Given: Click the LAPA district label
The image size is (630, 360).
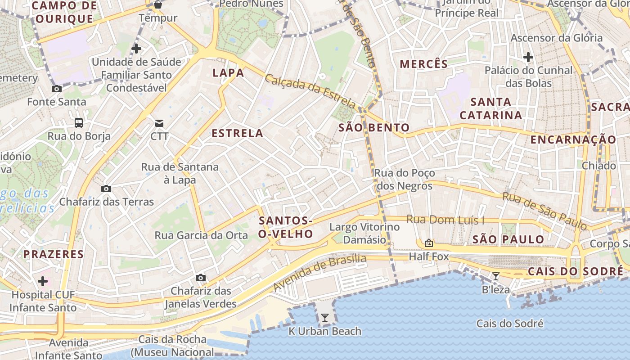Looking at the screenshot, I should coord(228,73).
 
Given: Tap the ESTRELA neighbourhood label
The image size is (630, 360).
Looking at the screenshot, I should coord(237,133).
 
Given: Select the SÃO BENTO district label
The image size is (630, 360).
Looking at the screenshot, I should coord(374,128).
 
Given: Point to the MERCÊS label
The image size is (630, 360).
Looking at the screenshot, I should coord(424,64).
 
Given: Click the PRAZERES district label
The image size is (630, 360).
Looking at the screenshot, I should coord(54,254).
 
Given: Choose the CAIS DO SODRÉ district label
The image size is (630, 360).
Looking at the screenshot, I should coord(575,272).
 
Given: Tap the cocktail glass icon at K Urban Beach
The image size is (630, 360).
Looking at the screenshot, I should coord(324,318).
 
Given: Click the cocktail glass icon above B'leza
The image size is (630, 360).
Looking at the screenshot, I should coord(495,276).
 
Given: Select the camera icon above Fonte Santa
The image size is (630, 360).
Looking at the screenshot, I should coord(57,89).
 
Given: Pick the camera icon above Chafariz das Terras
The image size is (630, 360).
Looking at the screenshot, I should coord(106,189).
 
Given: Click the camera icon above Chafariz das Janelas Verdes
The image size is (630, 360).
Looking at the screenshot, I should coord(201,278).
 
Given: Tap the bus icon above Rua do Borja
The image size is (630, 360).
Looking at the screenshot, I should coord(79,122).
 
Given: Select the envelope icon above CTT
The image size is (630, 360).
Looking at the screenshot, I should coord(159,123).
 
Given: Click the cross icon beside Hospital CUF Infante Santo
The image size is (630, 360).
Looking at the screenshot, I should coord(43,282).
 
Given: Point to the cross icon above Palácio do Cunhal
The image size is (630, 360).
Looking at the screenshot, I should coord(528,57).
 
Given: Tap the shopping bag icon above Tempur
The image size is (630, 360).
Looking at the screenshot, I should coord(157,5).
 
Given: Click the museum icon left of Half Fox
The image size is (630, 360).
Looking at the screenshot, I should coord(429,243).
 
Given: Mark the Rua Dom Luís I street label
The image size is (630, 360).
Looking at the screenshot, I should coord(445,220).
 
